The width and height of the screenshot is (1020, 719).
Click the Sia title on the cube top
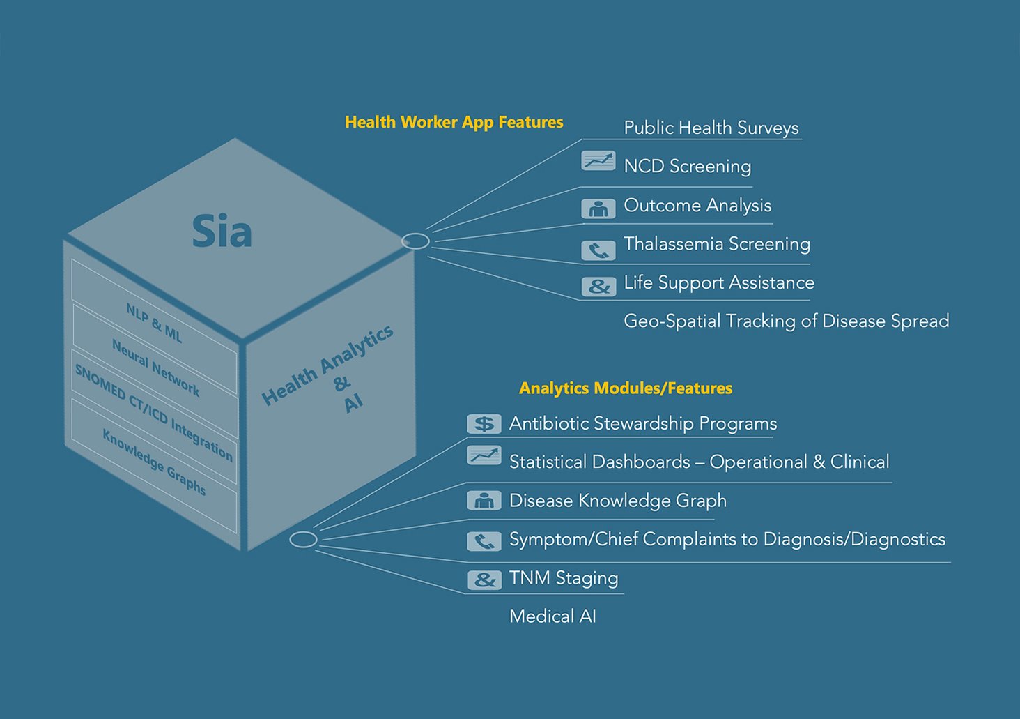[222, 232]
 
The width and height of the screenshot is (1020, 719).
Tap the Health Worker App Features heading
[454, 122]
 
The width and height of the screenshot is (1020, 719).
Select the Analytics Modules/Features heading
[625, 388]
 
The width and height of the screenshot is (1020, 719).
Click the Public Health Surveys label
[711, 128]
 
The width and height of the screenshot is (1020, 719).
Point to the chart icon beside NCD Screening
[598, 162]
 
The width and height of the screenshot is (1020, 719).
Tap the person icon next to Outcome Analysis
[598, 209]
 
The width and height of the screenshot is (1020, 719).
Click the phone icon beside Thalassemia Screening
[598, 250]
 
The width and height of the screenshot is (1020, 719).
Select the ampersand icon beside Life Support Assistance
[598, 286]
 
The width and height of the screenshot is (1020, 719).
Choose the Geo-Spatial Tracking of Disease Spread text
[786, 321]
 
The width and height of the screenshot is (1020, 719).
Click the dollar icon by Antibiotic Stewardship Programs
[484, 423]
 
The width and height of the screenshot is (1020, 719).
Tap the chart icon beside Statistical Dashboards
[484, 456]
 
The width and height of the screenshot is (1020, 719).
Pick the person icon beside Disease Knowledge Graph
[484, 501]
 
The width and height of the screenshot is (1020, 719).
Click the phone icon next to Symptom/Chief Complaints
[484, 540]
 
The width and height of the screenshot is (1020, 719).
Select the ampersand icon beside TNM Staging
[484, 580]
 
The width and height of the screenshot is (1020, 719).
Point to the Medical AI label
[552, 616]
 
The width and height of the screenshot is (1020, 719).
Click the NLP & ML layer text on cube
[154, 323]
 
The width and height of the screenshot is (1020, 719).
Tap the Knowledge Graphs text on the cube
[154, 462]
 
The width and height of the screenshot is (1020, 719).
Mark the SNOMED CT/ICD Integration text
[154, 413]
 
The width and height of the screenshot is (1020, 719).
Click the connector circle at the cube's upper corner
[416, 241]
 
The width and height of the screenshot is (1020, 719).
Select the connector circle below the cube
[303, 539]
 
